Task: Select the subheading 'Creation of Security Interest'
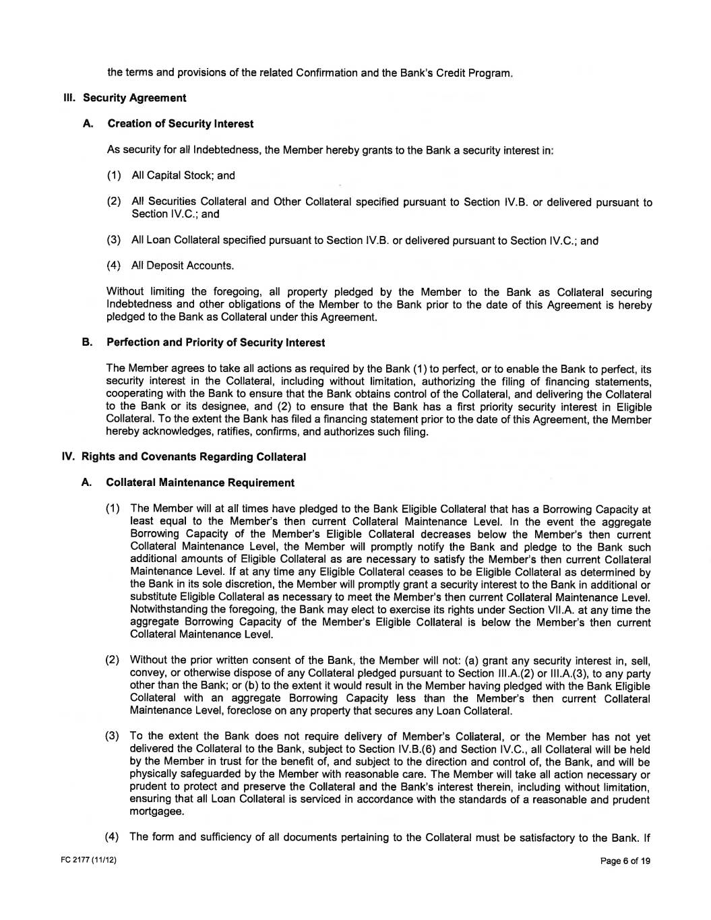click(181, 123)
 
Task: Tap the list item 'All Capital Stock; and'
click(183, 175)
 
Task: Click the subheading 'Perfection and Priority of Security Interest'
click(216, 342)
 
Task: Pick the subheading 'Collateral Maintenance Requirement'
click(200, 483)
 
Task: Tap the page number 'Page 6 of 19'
click(625, 861)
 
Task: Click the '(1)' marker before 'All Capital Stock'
click(114, 175)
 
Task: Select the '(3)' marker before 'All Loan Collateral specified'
click(114, 240)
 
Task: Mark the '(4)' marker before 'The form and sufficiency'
click(113, 837)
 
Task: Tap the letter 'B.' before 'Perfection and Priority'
click(86, 342)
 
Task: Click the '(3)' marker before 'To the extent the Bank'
click(113, 737)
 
